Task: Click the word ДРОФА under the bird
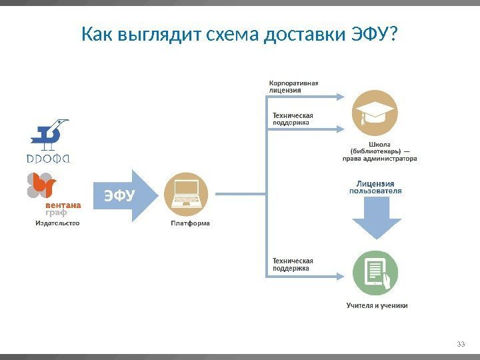[x=51, y=159]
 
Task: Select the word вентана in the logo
[x=63, y=205]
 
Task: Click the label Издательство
[x=57, y=223]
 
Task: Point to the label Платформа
[x=190, y=223]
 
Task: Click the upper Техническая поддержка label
[x=293, y=118]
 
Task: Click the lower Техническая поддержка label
[x=293, y=264]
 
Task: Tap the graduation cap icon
[x=375, y=113]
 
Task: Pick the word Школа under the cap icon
[x=379, y=143]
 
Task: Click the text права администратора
[x=379, y=159]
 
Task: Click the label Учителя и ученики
[x=377, y=305]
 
